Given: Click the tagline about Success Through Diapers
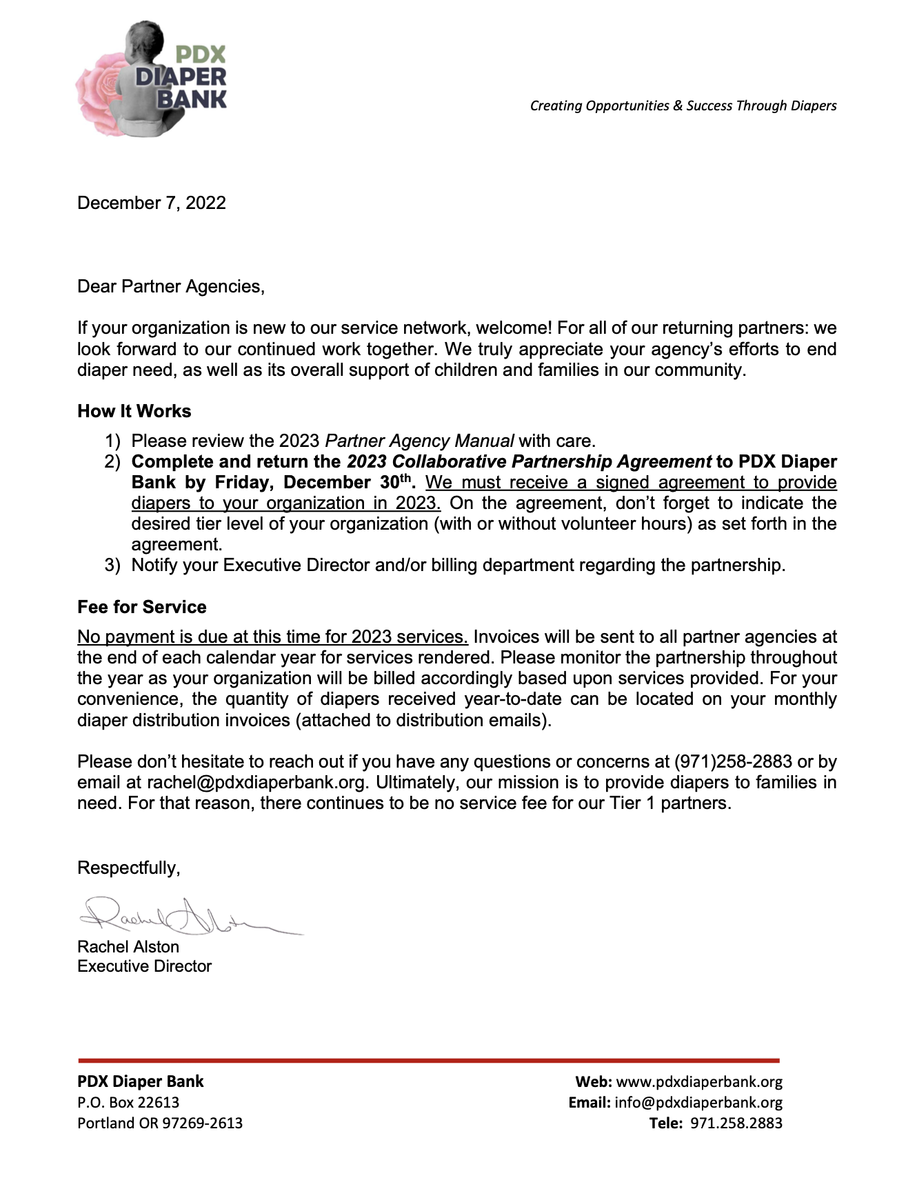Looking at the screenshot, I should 683,106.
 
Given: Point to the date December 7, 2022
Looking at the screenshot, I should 152,203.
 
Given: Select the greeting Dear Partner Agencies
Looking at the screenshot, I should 170,286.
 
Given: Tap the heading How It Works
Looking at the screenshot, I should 134,411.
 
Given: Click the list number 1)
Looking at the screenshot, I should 112,441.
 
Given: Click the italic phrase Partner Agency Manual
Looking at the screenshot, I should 419,441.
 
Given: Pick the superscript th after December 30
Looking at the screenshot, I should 405,478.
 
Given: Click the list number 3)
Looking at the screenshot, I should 112,566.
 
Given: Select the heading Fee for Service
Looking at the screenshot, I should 142,607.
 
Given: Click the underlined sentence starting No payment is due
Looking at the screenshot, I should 272,637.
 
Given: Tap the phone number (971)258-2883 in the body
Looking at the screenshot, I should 733,761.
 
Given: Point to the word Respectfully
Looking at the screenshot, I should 128,868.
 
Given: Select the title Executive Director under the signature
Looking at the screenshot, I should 144,966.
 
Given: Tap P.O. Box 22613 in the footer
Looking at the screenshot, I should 128,1102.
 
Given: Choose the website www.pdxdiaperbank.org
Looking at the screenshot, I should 699,1081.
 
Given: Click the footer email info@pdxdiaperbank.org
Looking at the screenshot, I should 698,1102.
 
